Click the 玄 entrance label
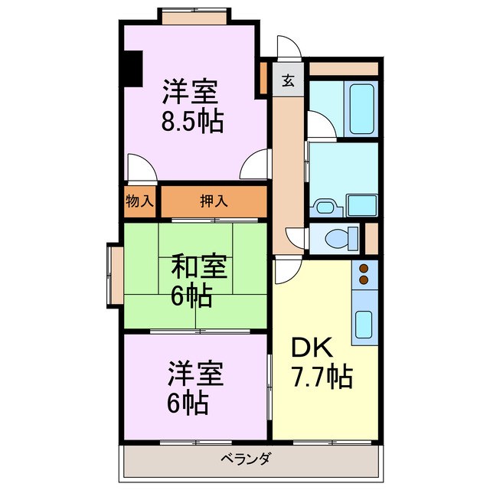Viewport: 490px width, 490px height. [289, 80]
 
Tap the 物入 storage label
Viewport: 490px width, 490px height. [140, 202]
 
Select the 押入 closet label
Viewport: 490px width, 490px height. [214, 202]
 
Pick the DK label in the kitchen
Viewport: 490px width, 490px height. [311, 348]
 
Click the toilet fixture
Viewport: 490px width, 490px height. [341, 238]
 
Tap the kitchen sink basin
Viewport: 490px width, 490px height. [364, 326]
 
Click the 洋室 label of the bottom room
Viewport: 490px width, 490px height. [195, 376]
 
